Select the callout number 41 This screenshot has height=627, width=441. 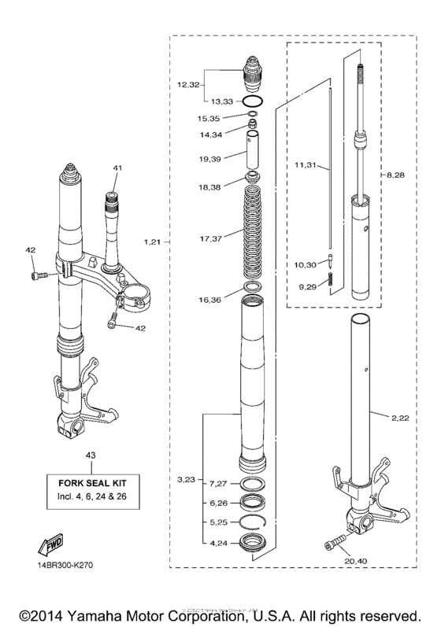[x=117, y=168]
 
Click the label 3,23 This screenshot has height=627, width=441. [x=187, y=479]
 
